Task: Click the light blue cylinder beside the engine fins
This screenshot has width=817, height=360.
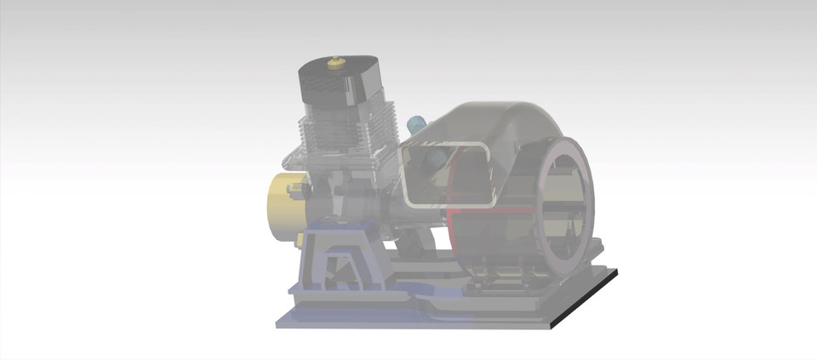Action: click(x=416, y=126)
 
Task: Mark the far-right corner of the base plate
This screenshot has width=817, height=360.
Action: click(x=616, y=271)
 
